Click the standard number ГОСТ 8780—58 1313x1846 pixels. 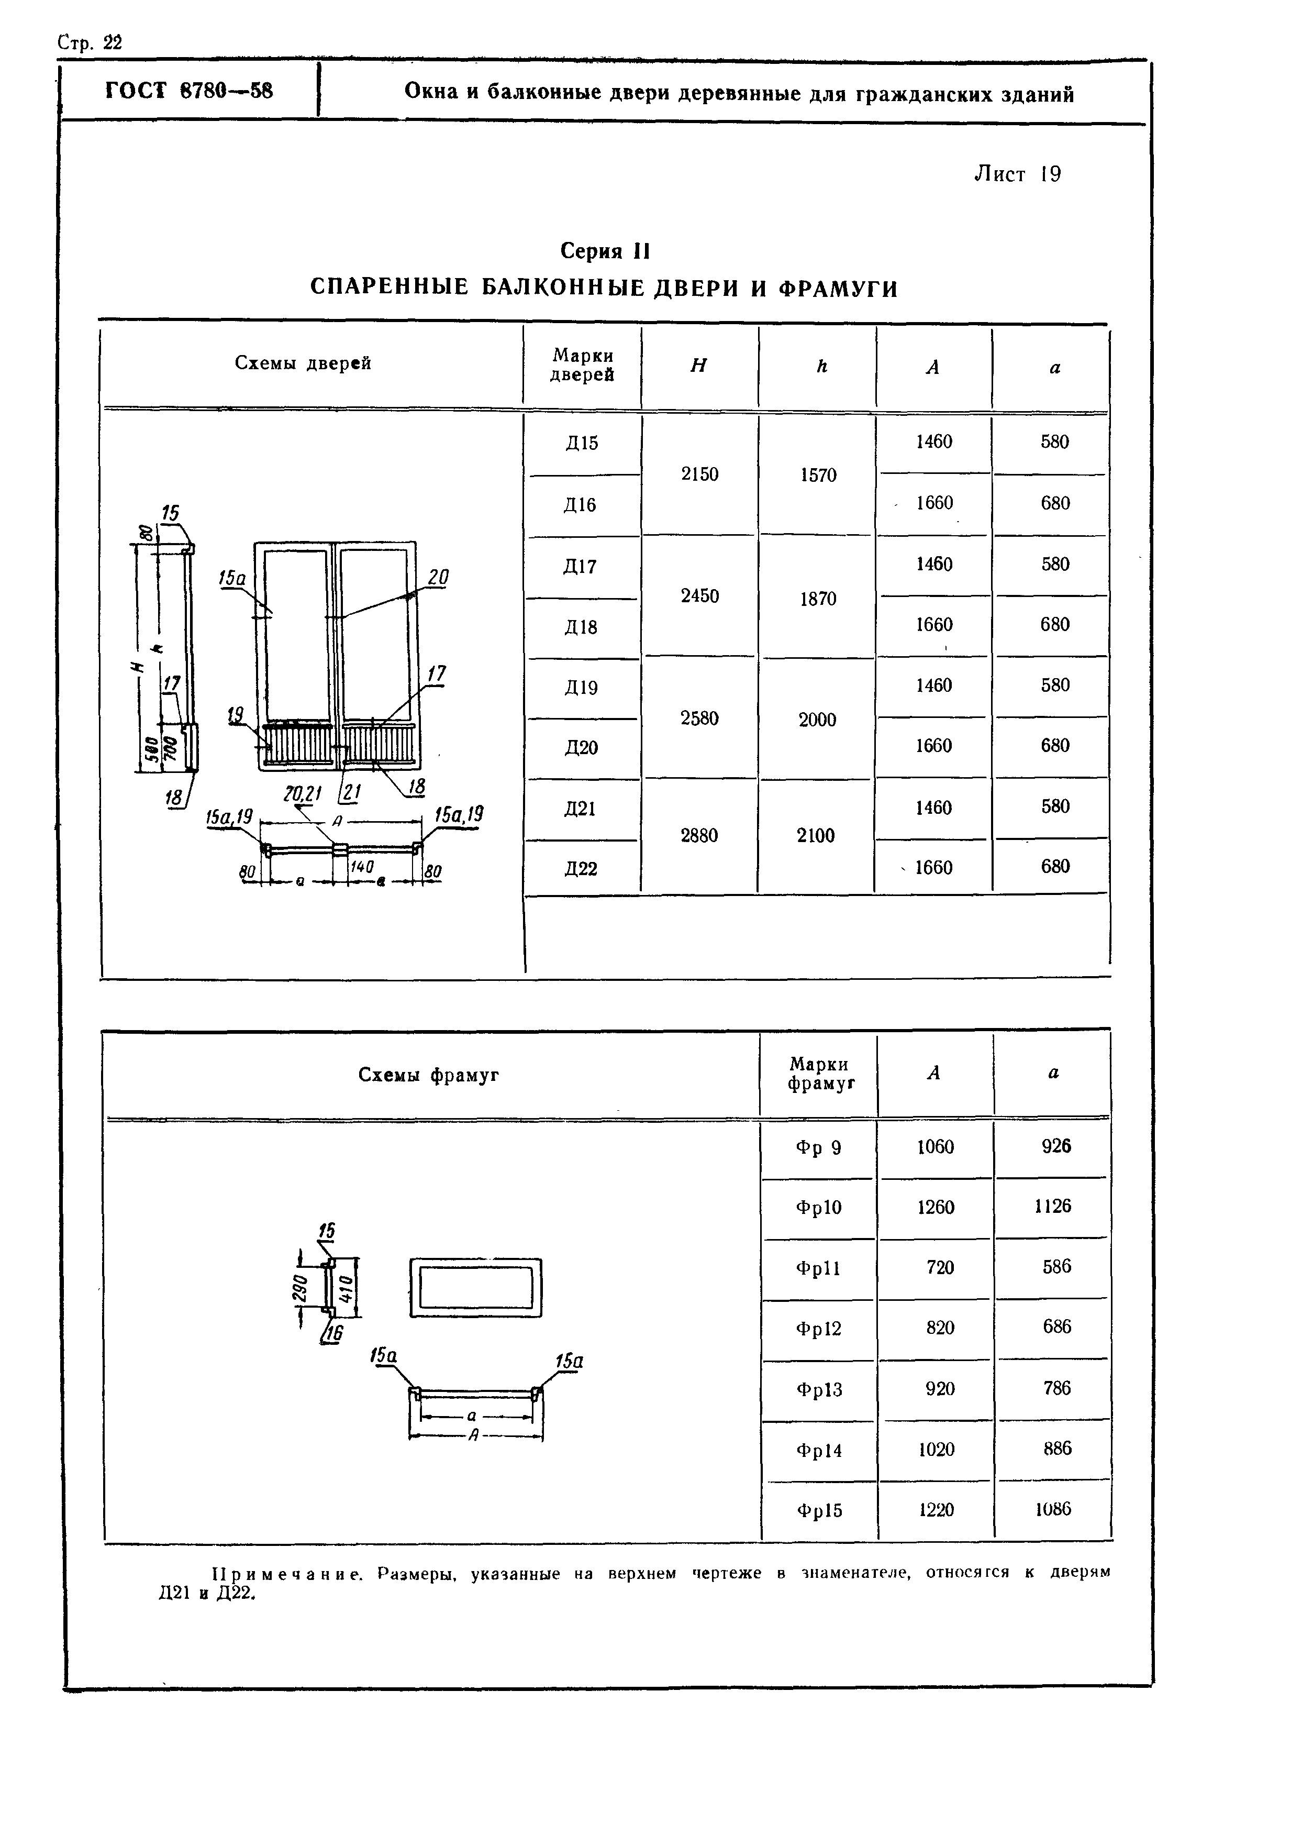(x=188, y=91)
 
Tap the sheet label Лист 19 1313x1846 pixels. (x=1017, y=174)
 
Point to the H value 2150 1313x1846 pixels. (x=699, y=474)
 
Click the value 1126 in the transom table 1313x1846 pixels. (x=1053, y=1207)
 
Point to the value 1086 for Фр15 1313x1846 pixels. (x=1053, y=1509)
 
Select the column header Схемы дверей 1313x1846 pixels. (x=303, y=363)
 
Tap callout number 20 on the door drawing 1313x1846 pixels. (x=437, y=577)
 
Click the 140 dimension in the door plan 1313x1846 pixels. (x=361, y=867)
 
